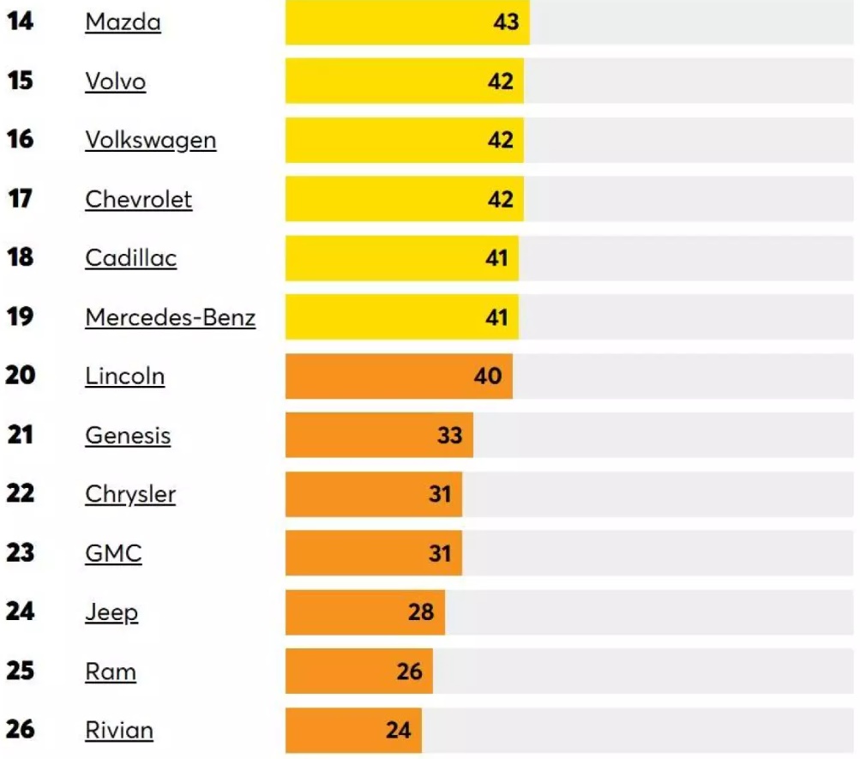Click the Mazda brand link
click(x=123, y=22)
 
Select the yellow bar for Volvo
click(x=404, y=81)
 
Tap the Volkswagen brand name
click(x=150, y=140)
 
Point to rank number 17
click(x=20, y=199)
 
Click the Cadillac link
click(x=130, y=258)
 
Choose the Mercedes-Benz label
click(x=170, y=317)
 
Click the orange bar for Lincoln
click(x=399, y=376)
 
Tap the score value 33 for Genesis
click(x=449, y=436)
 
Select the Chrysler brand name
click(x=130, y=495)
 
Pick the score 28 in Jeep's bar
click(x=421, y=612)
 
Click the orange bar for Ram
click(x=358, y=671)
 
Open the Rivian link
click(x=119, y=731)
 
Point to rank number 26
click(x=21, y=730)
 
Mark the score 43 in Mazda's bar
click(x=506, y=22)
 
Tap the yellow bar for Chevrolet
click(x=404, y=199)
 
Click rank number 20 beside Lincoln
click(x=21, y=376)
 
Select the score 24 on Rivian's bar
click(x=398, y=731)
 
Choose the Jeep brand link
click(x=111, y=613)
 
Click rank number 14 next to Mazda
click(x=21, y=21)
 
